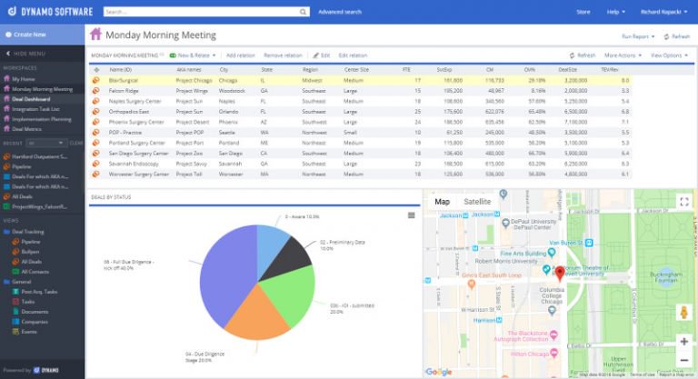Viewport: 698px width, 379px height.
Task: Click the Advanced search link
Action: coord(341,12)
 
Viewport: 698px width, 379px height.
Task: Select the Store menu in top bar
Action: coord(583,12)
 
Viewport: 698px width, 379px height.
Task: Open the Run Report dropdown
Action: coord(638,36)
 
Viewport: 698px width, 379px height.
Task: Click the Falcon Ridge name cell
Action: coord(125,91)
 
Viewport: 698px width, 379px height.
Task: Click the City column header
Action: coord(224,69)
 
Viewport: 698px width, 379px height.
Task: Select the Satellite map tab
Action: coord(477,201)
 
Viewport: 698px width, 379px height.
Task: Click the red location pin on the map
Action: coord(559,273)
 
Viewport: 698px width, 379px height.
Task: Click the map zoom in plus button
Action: coord(683,342)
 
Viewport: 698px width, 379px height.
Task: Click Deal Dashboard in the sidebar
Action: coord(33,98)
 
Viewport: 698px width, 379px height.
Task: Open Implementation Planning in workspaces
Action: coord(42,118)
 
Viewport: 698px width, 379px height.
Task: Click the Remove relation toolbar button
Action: coord(283,55)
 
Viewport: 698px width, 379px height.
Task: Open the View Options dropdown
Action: coord(670,55)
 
